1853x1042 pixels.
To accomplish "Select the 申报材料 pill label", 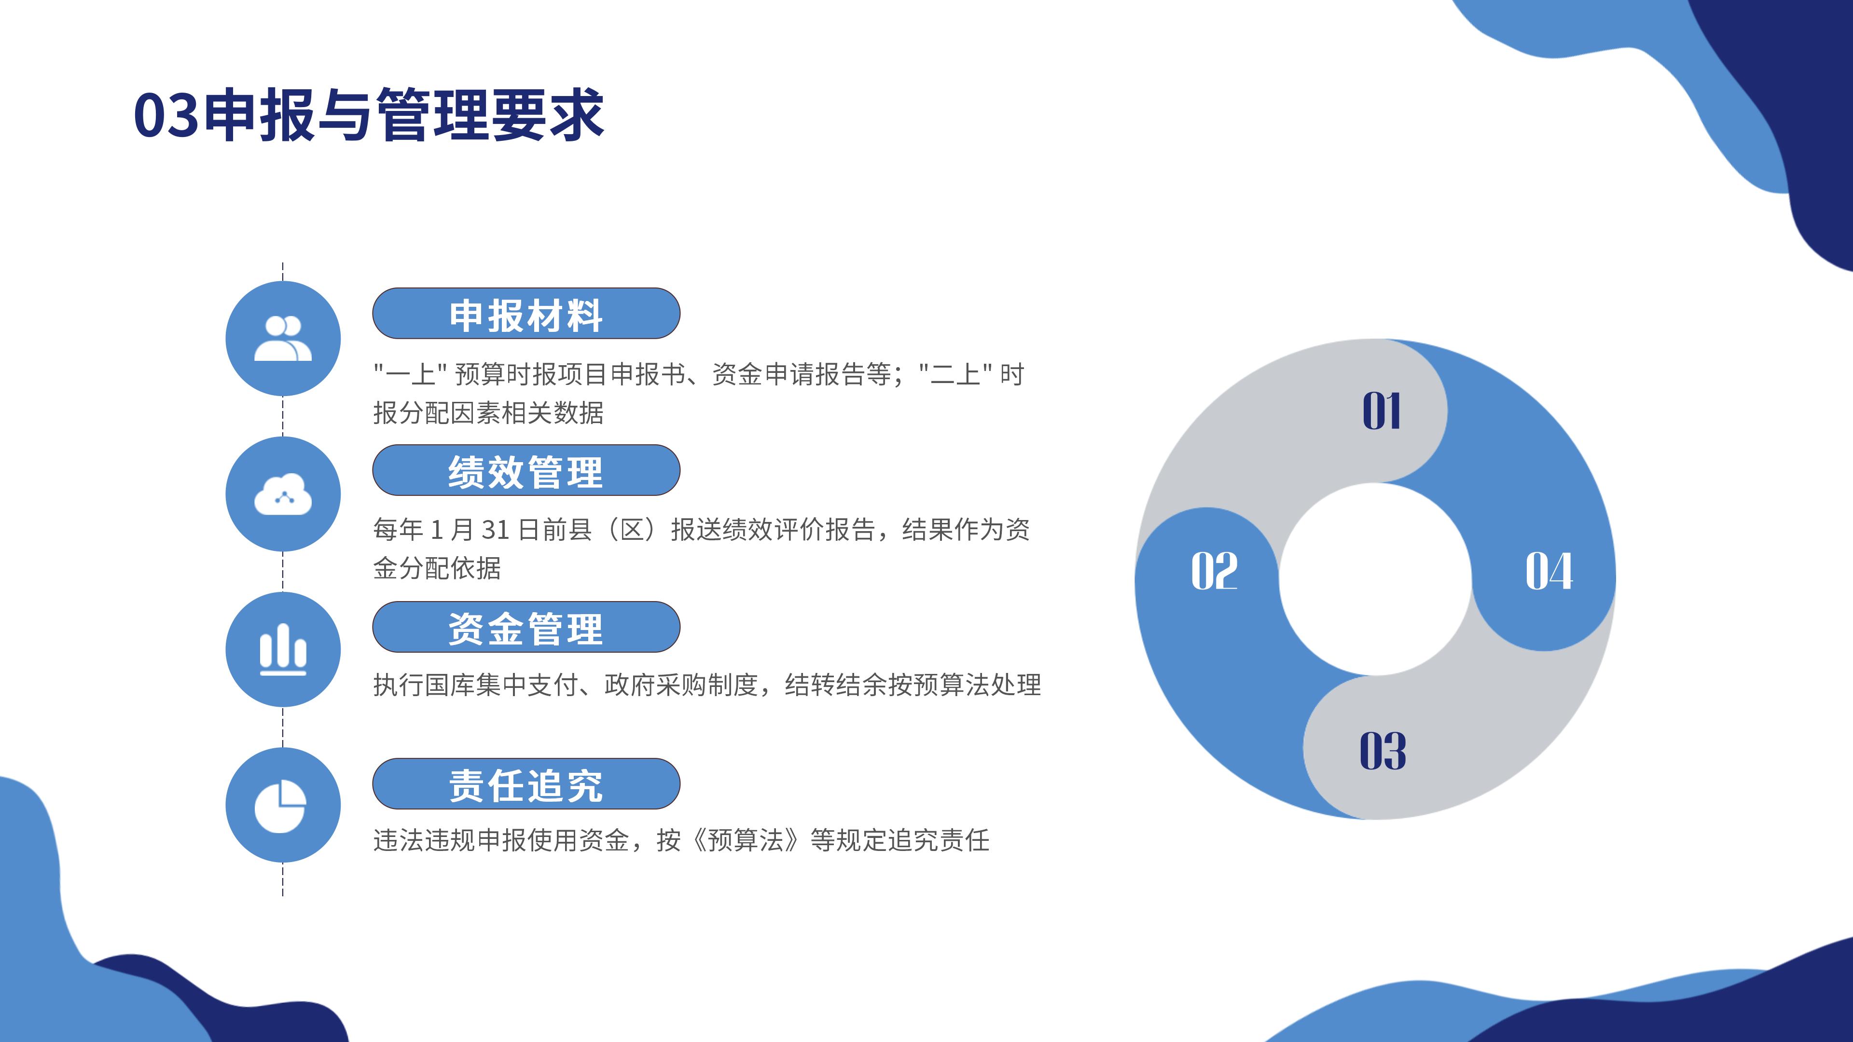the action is (x=526, y=314).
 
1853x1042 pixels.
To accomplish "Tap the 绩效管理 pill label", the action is (x=526, y=471).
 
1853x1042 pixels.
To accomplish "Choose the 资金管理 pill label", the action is (x=526, y=628).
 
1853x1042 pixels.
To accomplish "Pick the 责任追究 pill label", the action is (x=526, y=784).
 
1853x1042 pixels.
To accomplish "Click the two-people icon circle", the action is (x=283, y=339).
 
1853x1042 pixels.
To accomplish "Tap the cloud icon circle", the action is (x=283, y=494).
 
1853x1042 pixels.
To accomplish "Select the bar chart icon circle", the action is (x=283, y=649).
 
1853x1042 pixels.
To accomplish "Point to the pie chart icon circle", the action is (x=283, y=805).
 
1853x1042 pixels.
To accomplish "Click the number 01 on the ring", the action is (x=1382, y=411).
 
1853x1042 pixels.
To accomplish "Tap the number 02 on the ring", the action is (x=1214, y=572).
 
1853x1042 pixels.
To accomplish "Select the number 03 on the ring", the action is (x=1383, y=751).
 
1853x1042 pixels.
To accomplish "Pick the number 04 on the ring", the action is (x=1549, y=572).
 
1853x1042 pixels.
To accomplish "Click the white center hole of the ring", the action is (x=1375, y=579).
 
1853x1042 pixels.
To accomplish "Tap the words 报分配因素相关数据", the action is (x=488, y=413).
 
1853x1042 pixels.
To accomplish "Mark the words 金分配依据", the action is (x=437, y=568).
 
